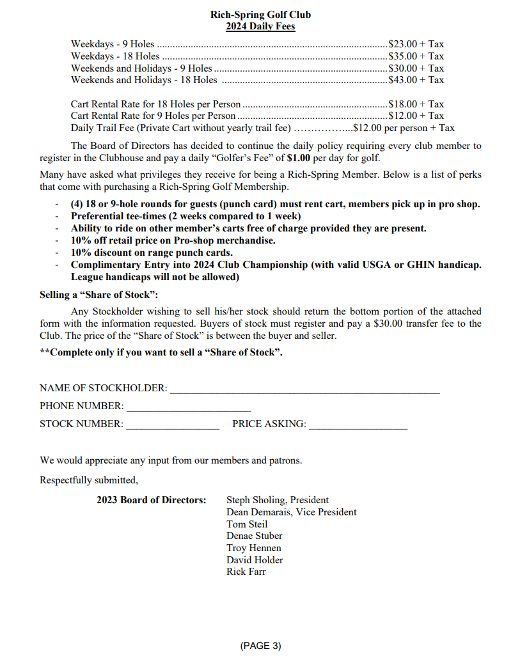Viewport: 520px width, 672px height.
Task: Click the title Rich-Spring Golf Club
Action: coord(260,14)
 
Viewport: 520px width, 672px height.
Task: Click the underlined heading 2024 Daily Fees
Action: coord(260,26)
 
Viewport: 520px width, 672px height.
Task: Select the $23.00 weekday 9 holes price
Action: coord(403,44)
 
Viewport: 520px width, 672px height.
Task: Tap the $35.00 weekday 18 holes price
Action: coord(403,56)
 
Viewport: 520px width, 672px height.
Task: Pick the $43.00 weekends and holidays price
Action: coord(403,80)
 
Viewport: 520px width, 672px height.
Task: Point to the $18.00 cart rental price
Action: coord(403,104)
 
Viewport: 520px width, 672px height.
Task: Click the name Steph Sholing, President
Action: coord(278,500)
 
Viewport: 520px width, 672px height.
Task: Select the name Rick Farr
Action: coord(246,572)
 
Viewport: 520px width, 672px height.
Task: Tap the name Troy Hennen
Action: coord(254,548)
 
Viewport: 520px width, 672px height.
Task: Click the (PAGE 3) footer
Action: coord(260,646)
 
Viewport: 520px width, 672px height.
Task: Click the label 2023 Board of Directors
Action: coord(152,500)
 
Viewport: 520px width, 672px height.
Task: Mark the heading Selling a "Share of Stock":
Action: coord(98,295)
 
